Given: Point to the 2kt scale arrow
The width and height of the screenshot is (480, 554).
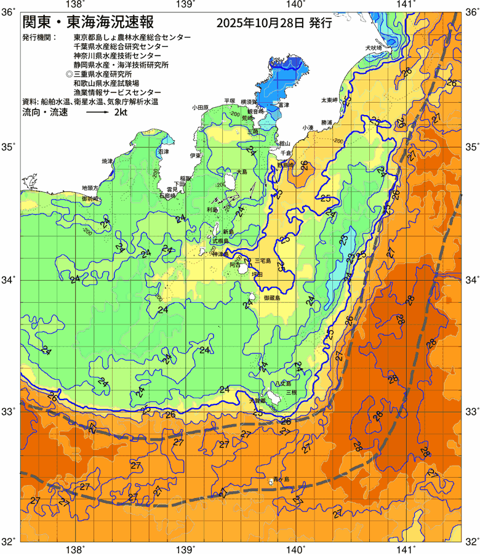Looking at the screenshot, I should pos(97,113).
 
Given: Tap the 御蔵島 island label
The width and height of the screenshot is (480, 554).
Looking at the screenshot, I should pos(271,298).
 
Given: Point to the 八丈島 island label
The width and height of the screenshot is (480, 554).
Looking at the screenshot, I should pos(258,401).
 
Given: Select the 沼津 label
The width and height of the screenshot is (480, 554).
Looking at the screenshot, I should pos(164,151).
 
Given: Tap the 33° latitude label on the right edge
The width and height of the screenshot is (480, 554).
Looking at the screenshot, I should pos(471,411).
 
